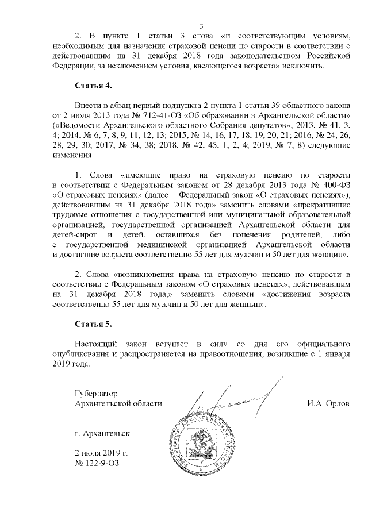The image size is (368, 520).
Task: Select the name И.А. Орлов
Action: (x=328, y=403)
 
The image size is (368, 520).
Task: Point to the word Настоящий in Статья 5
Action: (x=97, y=342)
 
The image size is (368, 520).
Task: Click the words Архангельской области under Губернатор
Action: (x=114, y=403)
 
